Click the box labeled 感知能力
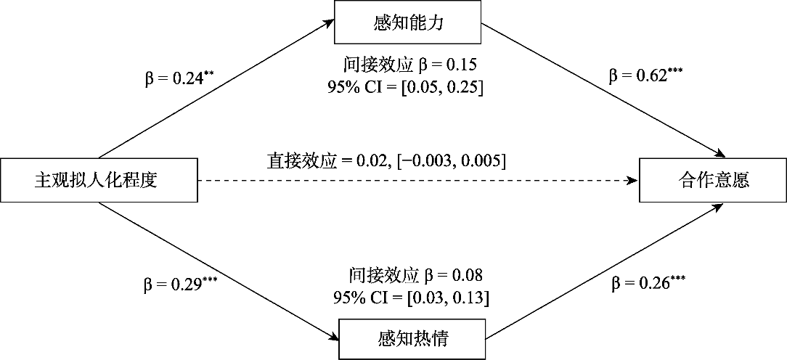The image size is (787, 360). coord(407,23)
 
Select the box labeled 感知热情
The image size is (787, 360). coord(412,339)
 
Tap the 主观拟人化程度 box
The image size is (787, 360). coord(99,181)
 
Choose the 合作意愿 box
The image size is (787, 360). coord(713,180)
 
